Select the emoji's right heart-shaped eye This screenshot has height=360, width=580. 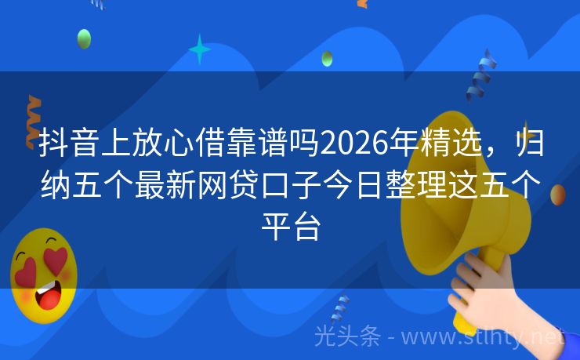click(x=57, y=258)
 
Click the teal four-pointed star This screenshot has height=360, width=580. click(x=200, y=49)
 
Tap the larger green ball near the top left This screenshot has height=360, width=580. click(x=84, y=38)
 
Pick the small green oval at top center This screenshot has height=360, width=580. click(x=327, y=58)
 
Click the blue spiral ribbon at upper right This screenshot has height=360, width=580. click(x=480, y=75)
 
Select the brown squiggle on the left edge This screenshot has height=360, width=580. click(x=33, y=118)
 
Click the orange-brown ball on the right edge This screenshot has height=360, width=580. click(x=558, y=195)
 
